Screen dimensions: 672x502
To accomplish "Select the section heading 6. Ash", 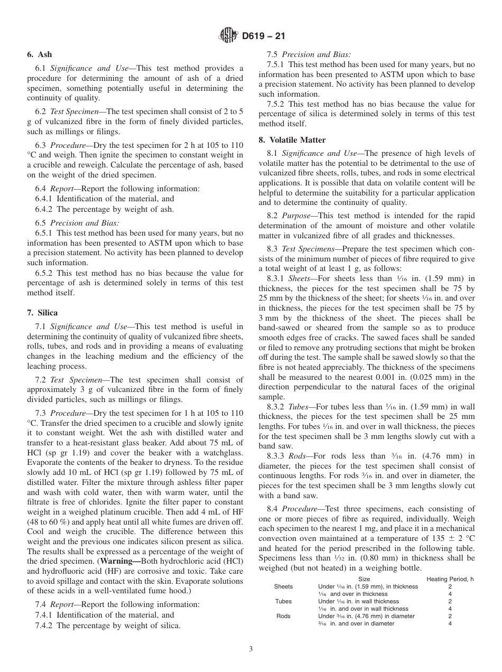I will click(x=40, y=54).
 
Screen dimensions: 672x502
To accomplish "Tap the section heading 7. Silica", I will click(x=42, y=313).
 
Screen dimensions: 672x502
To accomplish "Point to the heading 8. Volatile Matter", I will click(x=292, y=139).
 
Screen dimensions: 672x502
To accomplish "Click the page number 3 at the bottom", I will click(x=251, y=649).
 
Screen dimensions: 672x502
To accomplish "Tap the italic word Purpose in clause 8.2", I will click(x=296, y=216).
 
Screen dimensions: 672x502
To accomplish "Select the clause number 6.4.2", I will click(x=44, y=209).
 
